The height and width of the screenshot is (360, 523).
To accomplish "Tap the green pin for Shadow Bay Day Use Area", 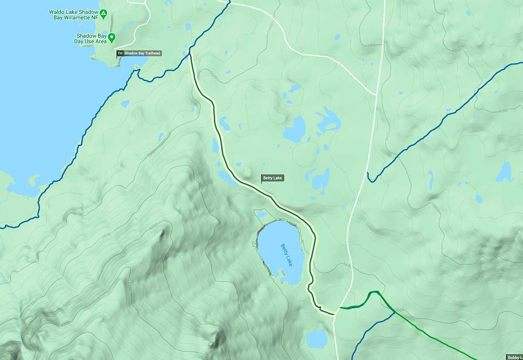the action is [x=112, y=38].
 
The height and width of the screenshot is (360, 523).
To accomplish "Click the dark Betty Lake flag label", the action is [x=273, y=178].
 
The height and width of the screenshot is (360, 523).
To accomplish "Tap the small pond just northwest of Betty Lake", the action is [x=261, y=214].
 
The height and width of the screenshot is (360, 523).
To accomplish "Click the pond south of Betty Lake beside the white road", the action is [x=316, y=338].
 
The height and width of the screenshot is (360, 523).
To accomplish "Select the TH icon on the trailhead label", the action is [x=120, y=54].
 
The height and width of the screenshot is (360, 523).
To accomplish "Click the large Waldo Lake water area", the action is [x=44, y=109].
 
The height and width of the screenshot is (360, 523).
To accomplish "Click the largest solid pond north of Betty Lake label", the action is [x=294, y=129].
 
